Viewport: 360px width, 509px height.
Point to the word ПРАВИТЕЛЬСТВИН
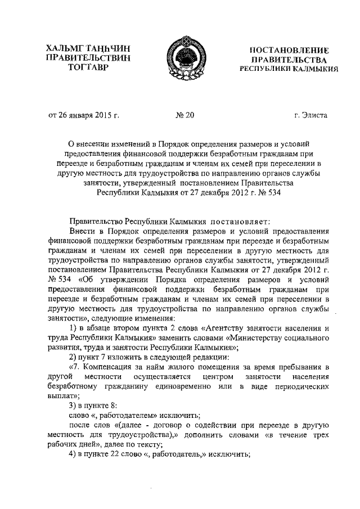[x=89, y=58]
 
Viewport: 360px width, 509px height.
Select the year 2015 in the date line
[x=101, y=116]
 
